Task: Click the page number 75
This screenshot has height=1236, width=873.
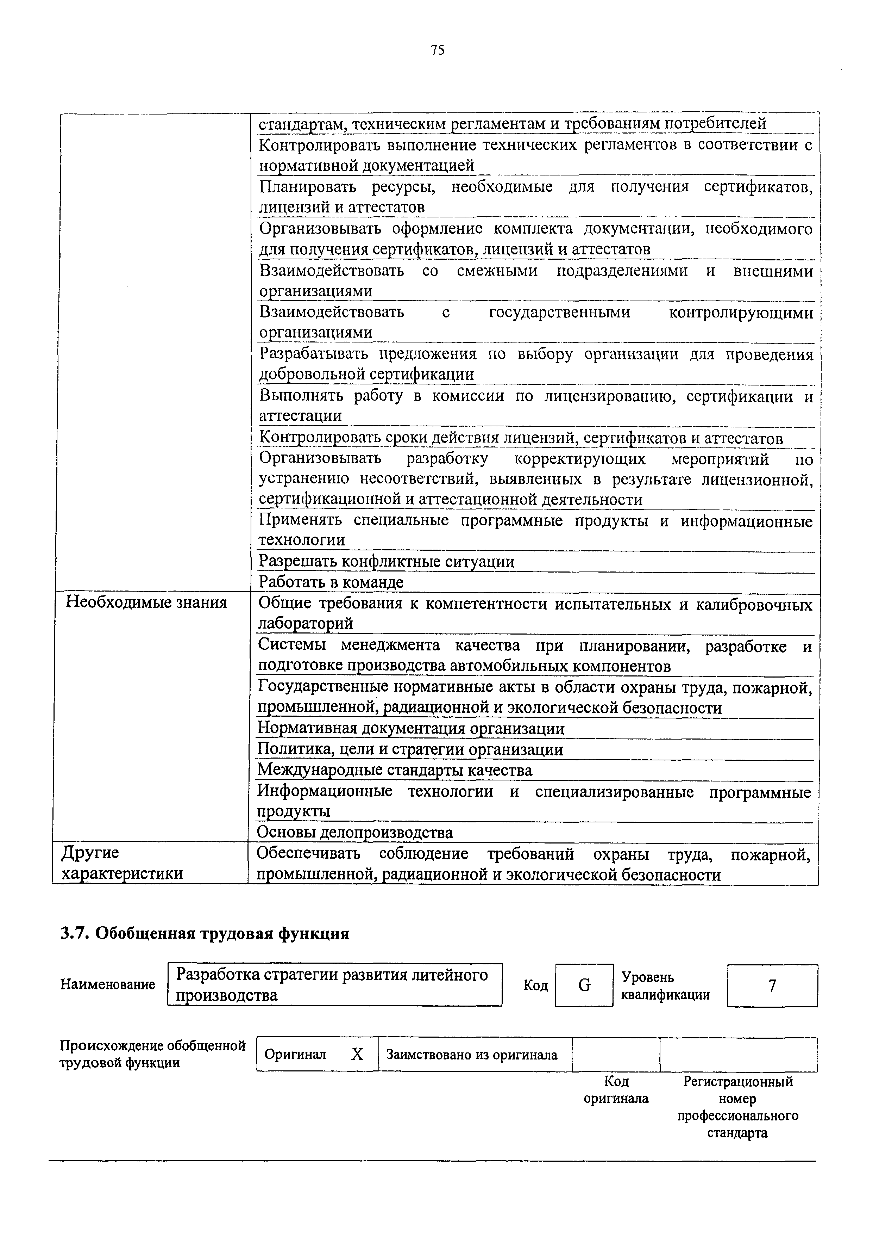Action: pyautogui.click(x=437, y=51)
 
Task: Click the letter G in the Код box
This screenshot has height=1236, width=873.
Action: pyautogui.click(x=584, y=985)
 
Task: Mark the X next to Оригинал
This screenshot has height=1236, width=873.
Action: pyautogui.click(x=357, y=1055)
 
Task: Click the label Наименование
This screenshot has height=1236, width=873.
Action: pyautogui.click(x=108, y=984)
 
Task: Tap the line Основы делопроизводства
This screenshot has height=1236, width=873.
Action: pyautogui.click(x=355, y=832)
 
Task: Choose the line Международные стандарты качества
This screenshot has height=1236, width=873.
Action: pyautogui.click(x=395, y=770)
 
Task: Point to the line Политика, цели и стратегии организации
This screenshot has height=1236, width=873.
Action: pyautogui.click(x=410, y=749)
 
